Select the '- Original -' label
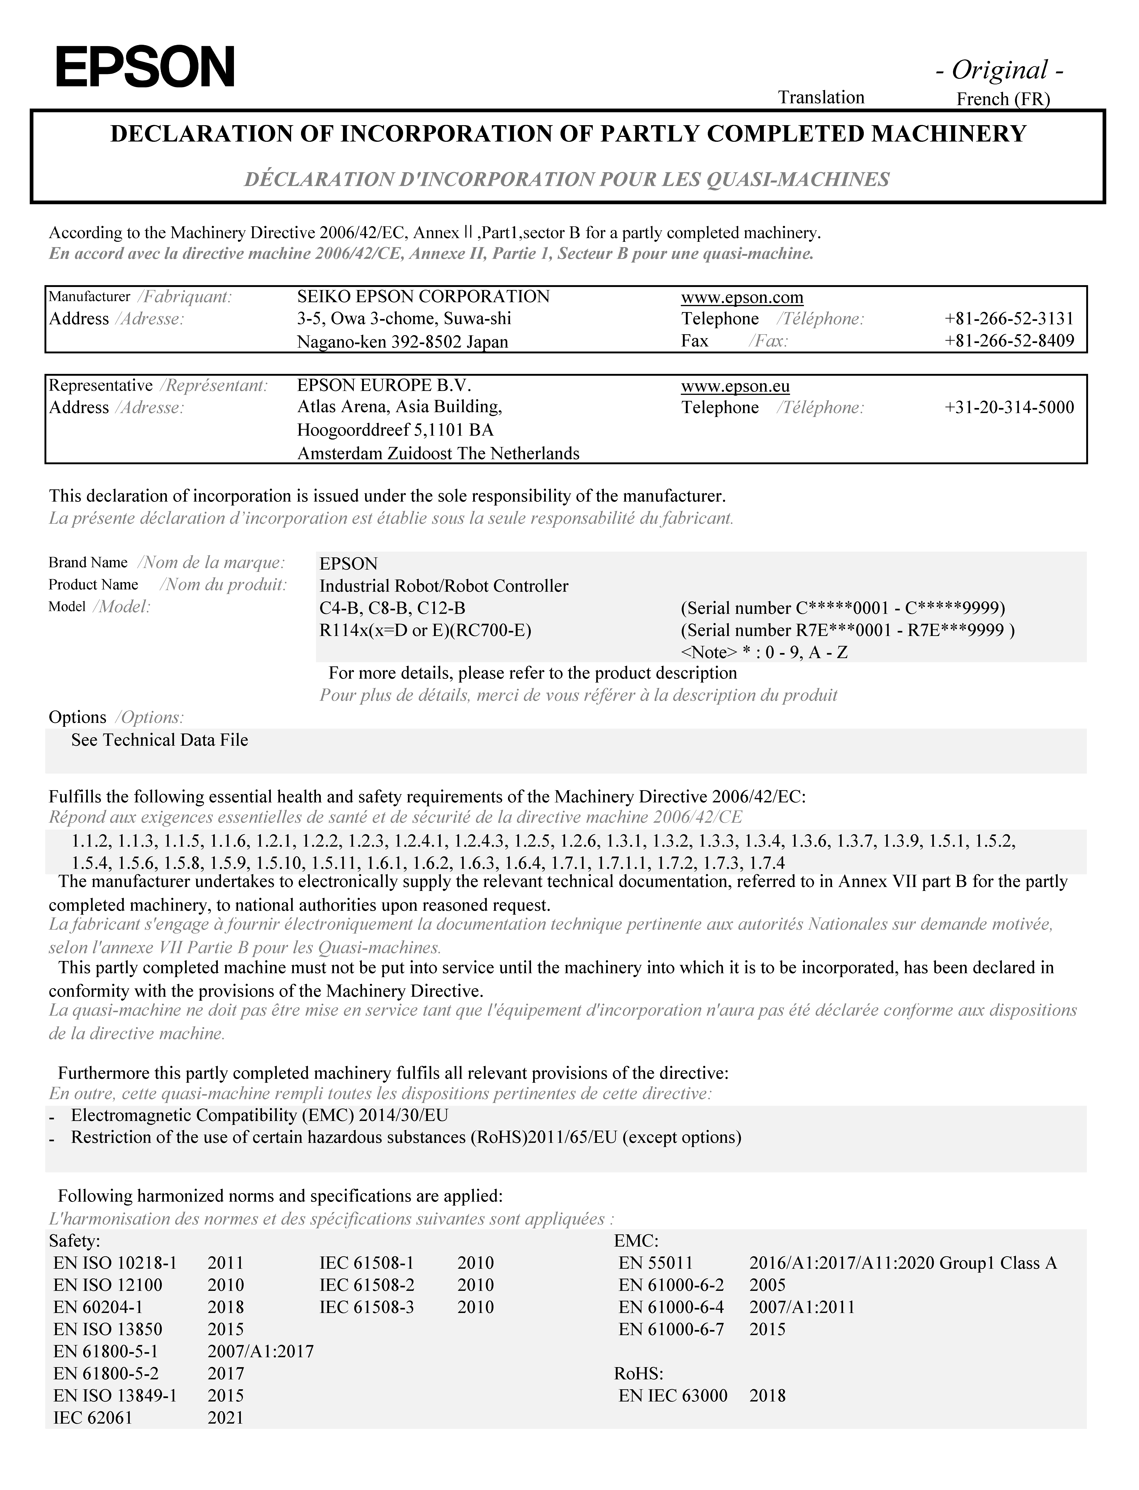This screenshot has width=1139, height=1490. click(x=999, y=70)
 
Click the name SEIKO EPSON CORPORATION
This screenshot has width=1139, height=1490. click(x=423, y=297)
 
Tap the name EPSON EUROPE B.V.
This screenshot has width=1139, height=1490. click(x=384, y=386)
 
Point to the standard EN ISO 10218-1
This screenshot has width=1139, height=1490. click(x=115, y=1263)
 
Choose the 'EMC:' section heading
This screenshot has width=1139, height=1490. click(x=636, y=1241)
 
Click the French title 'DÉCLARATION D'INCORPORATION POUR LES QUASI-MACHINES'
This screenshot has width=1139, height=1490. click(x=567, y=180)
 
